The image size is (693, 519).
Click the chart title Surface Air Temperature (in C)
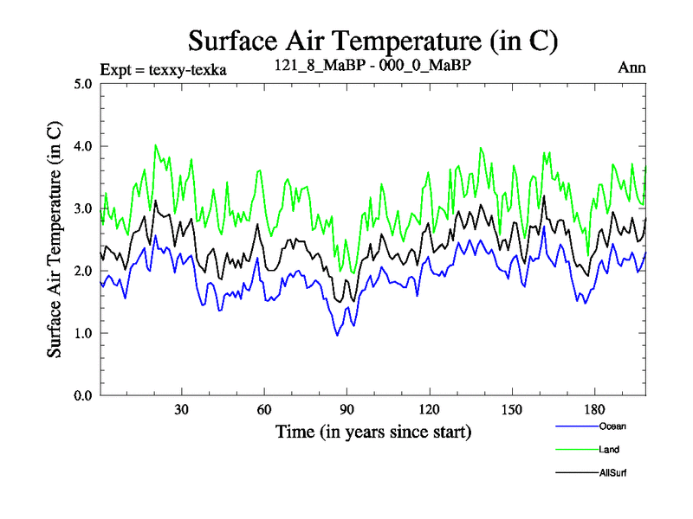click(372, 41)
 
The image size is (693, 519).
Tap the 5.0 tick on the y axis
click(83, 84)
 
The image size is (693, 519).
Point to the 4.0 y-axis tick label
click(83, 146)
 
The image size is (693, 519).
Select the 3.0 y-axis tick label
click(83, 208)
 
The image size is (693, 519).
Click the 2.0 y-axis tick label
click(83, 271)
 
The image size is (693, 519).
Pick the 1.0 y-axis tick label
click(83, 333)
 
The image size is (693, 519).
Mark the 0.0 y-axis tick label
click(83, 395)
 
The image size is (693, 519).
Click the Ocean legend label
click(612, 426)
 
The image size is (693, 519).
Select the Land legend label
click(609, 450)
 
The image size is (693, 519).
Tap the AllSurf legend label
click(612, 473)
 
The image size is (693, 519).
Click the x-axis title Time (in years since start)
click(373, 431)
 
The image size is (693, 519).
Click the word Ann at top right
click(632, 67)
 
